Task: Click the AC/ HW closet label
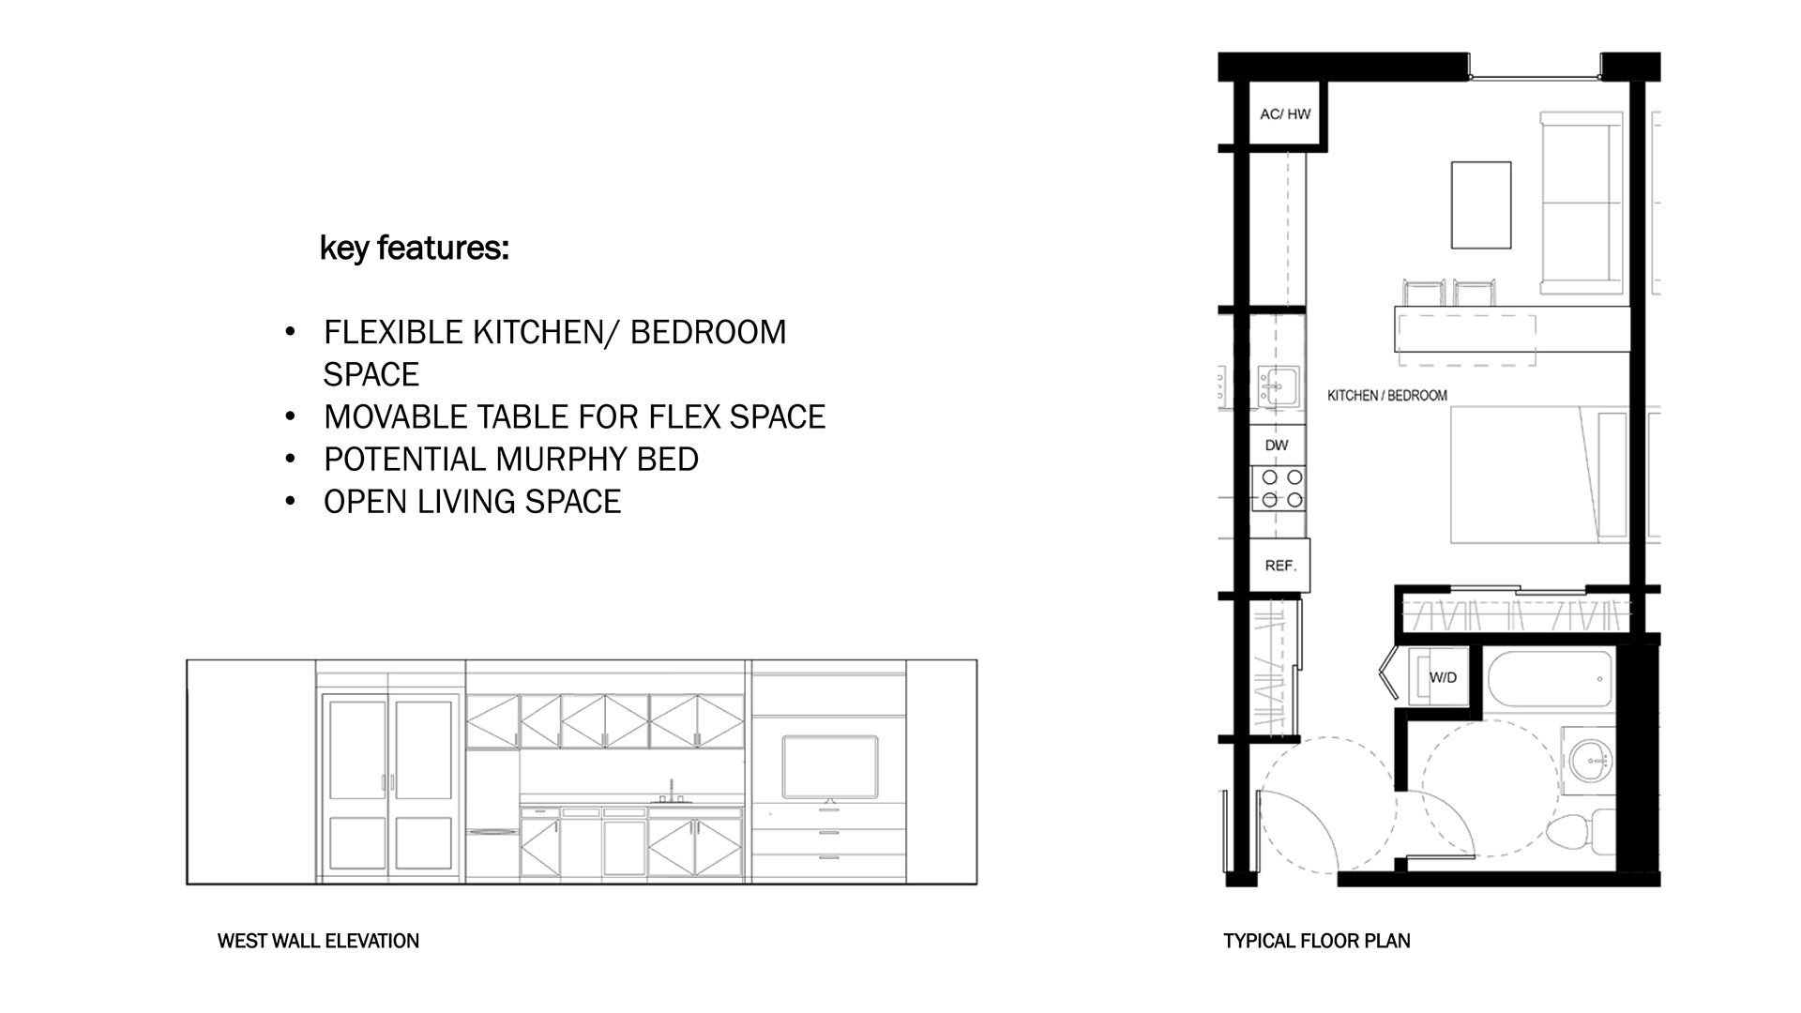[1285, 114]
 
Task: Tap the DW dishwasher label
[1277, 446]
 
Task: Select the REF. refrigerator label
[1280, 566]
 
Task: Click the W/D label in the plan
[1443, 677]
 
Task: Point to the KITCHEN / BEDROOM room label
[1387, 396]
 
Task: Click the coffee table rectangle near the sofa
[1481, 204]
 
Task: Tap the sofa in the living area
[1583, 203]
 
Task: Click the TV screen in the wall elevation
[830, 767]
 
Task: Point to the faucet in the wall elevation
[672, 791]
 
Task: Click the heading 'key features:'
[415, 249]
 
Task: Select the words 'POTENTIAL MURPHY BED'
[511, 460]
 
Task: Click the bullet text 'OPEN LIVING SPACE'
[473, 502]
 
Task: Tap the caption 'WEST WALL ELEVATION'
[318, 941]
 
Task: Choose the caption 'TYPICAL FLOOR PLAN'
[1317, 941]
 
